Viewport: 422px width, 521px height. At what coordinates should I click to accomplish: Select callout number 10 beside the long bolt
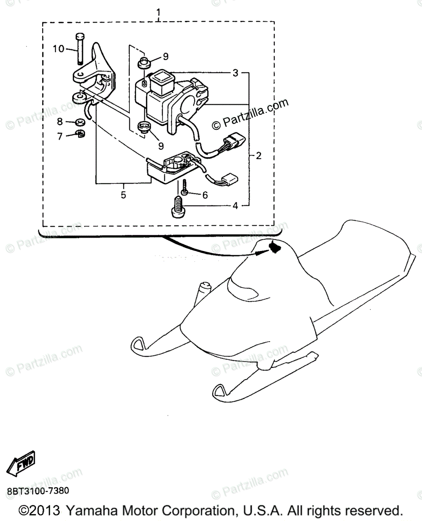tap(59, 49)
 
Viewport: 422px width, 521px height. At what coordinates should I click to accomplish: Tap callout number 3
tap(235, 73)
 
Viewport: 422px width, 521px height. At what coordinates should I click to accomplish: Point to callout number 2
tap(259, 155)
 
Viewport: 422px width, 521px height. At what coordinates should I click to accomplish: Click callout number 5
tap(123, 195)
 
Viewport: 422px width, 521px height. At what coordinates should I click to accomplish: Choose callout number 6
tap(204, 195)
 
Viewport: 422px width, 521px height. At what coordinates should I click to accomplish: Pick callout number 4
tap(235, 206)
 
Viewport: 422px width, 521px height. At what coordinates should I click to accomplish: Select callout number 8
tap(59, 121)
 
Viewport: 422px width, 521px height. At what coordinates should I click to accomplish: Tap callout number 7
tap(59, 136)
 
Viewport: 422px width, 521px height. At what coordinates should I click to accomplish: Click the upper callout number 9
tap(165, 56)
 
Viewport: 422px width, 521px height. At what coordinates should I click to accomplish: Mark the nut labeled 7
tap(79, 134)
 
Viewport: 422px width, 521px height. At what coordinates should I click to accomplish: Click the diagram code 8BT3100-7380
tap(37, 491)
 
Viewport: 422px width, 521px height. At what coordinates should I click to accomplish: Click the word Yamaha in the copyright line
tap(90, 510)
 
